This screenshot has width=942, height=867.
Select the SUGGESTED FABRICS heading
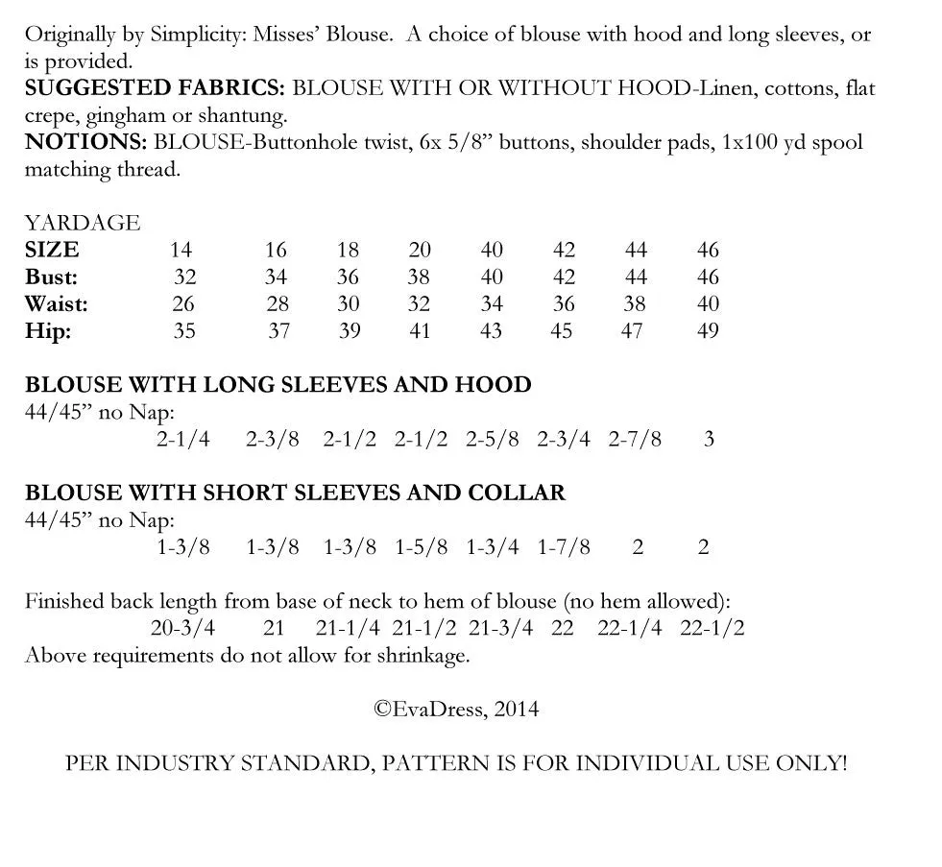[155, 88]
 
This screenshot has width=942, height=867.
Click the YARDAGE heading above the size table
[83, 223]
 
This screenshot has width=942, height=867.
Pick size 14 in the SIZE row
[181, 251]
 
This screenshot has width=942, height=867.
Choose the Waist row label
[57, 304]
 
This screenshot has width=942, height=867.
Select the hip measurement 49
[708, 331]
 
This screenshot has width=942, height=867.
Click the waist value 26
[183, 304]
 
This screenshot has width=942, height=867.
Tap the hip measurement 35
[184, 331]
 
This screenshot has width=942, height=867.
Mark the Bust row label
[52, 277]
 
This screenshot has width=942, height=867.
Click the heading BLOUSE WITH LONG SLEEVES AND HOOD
[278, 385]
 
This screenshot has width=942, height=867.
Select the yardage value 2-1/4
[182, 440]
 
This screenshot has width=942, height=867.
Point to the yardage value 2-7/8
[635, 440]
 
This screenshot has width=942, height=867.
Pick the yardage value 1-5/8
[421, 547]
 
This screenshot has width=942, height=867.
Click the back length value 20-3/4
[182, 629]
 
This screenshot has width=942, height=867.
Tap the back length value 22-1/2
[712, 629]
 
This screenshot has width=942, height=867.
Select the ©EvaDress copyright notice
[456, 710]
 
